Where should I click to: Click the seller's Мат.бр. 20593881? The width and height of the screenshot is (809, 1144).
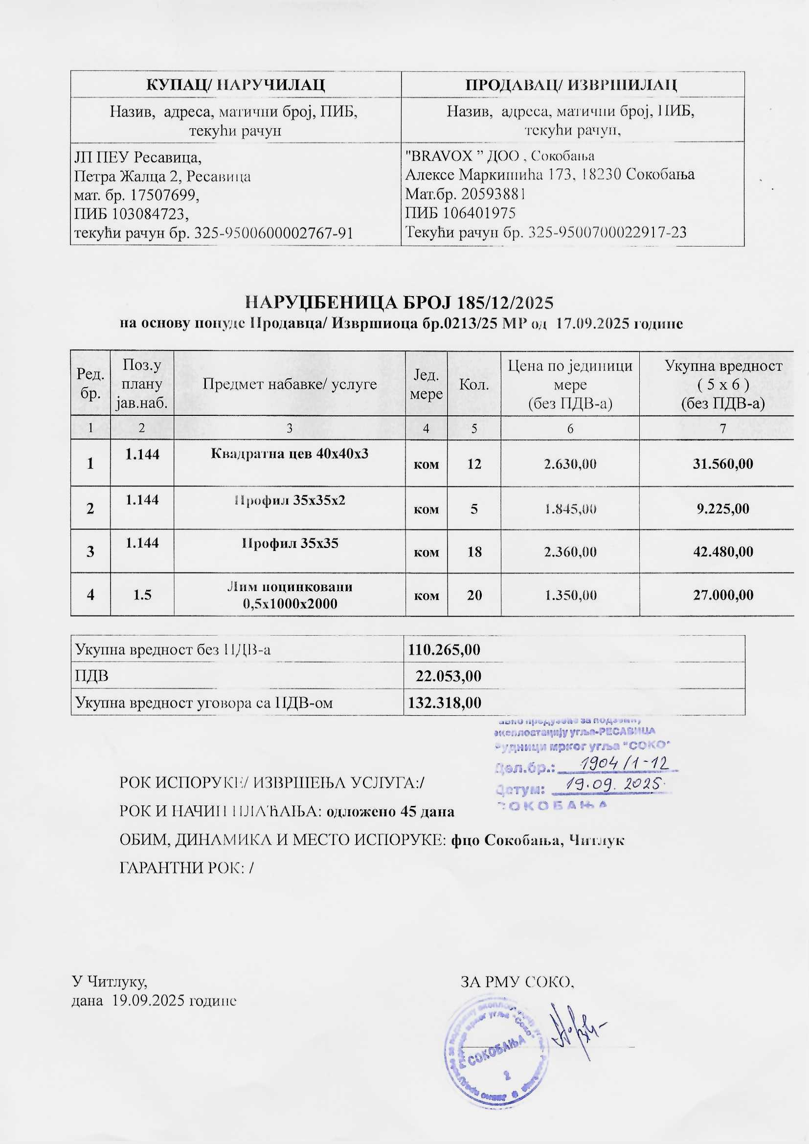coord(491,194)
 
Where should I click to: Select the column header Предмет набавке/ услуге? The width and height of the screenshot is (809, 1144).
coord(290,384)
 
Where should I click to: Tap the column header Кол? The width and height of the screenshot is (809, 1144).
coord(474,384)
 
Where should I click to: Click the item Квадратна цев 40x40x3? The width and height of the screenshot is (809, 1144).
coord(290,454)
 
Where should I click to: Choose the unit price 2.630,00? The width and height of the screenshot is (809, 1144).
coord(570,464)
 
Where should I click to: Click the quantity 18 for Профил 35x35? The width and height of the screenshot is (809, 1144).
coord(474,552)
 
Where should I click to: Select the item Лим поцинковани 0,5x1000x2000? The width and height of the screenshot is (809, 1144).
coord(290,595)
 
